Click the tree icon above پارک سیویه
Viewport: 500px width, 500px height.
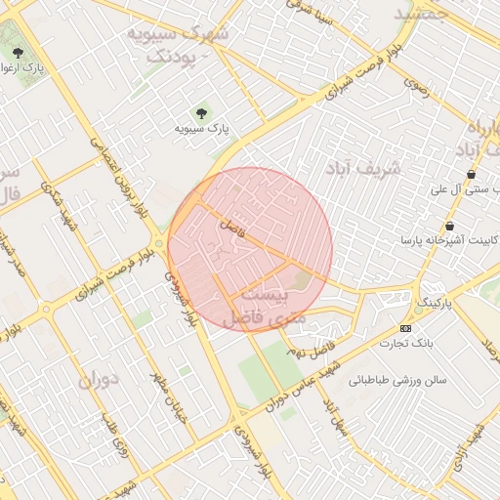tap(202, 112)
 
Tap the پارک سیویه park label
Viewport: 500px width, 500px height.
tap(201, 128)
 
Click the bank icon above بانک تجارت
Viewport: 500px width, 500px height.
tap(405, 328)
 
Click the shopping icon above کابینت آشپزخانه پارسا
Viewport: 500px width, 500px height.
tap(448, 226)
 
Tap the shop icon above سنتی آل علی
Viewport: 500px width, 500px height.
tap(472, 174)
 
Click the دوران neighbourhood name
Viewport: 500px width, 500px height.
tap(96, 378)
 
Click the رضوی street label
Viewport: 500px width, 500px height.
tap(416, 88)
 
